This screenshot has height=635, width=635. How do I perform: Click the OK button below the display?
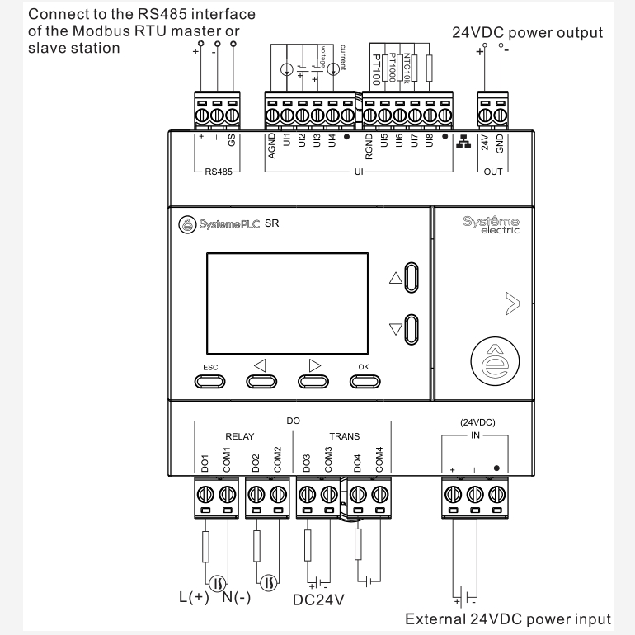coord(364,380)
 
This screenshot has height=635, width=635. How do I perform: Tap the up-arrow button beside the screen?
coord(413,280)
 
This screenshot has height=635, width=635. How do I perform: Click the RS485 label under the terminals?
coord(219,173)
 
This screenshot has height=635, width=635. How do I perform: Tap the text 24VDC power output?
coord(528,33)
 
